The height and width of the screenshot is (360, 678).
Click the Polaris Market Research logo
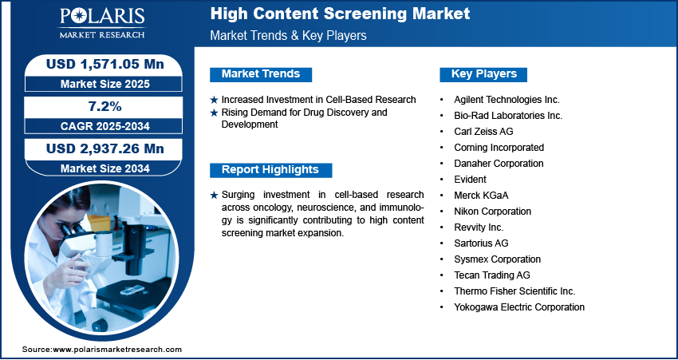click(x=102, y=23)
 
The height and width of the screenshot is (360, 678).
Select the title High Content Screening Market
click(x=340, y=14)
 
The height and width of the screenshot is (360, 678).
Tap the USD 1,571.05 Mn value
click(x=105, y=64)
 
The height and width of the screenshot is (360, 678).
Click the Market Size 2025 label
click(x=105, y=84)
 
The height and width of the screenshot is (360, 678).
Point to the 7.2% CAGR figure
click(x=105, y=106)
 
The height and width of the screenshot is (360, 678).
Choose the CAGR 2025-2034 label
click(x=105, y=126)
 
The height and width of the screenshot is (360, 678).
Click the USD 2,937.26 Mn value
click(x=105, y=148)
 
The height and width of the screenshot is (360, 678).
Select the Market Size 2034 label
click(x=105, y=168)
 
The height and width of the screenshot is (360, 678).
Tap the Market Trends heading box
click(x=261, y=74)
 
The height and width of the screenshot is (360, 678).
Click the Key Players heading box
click(x=483, y=74)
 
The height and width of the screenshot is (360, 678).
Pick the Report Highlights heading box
click(x=270, y=170)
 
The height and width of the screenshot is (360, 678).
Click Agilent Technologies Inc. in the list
click(x=507, y=100)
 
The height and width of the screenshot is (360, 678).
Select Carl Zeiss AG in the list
click(x=483, y=132)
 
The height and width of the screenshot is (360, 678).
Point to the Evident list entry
click(x=470, y=179)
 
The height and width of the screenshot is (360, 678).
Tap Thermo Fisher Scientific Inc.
click(x=514, y=291)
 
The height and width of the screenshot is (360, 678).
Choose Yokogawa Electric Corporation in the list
click(x=519, y=307)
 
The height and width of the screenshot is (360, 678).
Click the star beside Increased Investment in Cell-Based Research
click(x=214, y=100)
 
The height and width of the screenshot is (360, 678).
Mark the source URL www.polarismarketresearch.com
click(x=117, y=350)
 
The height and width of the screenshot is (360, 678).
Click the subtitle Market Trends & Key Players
click(x=289, y=35)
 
